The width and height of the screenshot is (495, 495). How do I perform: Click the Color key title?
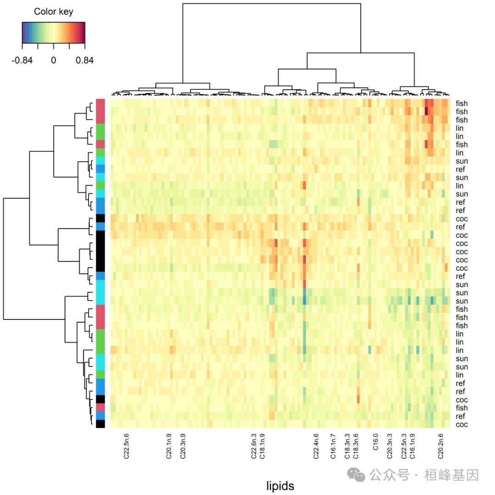53,12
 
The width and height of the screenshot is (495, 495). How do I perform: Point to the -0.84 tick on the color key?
22,60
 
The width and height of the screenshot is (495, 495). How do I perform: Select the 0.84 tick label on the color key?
85,60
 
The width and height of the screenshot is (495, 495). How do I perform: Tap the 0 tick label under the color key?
53,60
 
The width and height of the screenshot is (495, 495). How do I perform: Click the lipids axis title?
280,486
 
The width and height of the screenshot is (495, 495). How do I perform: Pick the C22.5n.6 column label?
126,446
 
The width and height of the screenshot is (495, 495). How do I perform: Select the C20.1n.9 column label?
169,446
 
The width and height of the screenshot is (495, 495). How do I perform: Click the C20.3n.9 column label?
183,446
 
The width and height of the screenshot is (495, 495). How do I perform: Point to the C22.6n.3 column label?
253,446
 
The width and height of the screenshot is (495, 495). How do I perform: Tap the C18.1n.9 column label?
262,446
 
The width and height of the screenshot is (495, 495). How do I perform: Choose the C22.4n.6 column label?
316,446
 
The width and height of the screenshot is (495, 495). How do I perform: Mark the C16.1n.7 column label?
333,446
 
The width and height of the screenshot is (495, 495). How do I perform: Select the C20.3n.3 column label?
390,446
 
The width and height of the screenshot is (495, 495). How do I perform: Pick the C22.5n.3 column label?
404,446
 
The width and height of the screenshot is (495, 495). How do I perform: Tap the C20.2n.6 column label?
441,446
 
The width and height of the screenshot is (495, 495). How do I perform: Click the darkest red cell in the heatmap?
427,112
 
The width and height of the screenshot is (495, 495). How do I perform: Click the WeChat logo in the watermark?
356,475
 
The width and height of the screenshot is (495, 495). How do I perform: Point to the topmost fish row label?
462,104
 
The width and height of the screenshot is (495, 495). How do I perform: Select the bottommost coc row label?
462,424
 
